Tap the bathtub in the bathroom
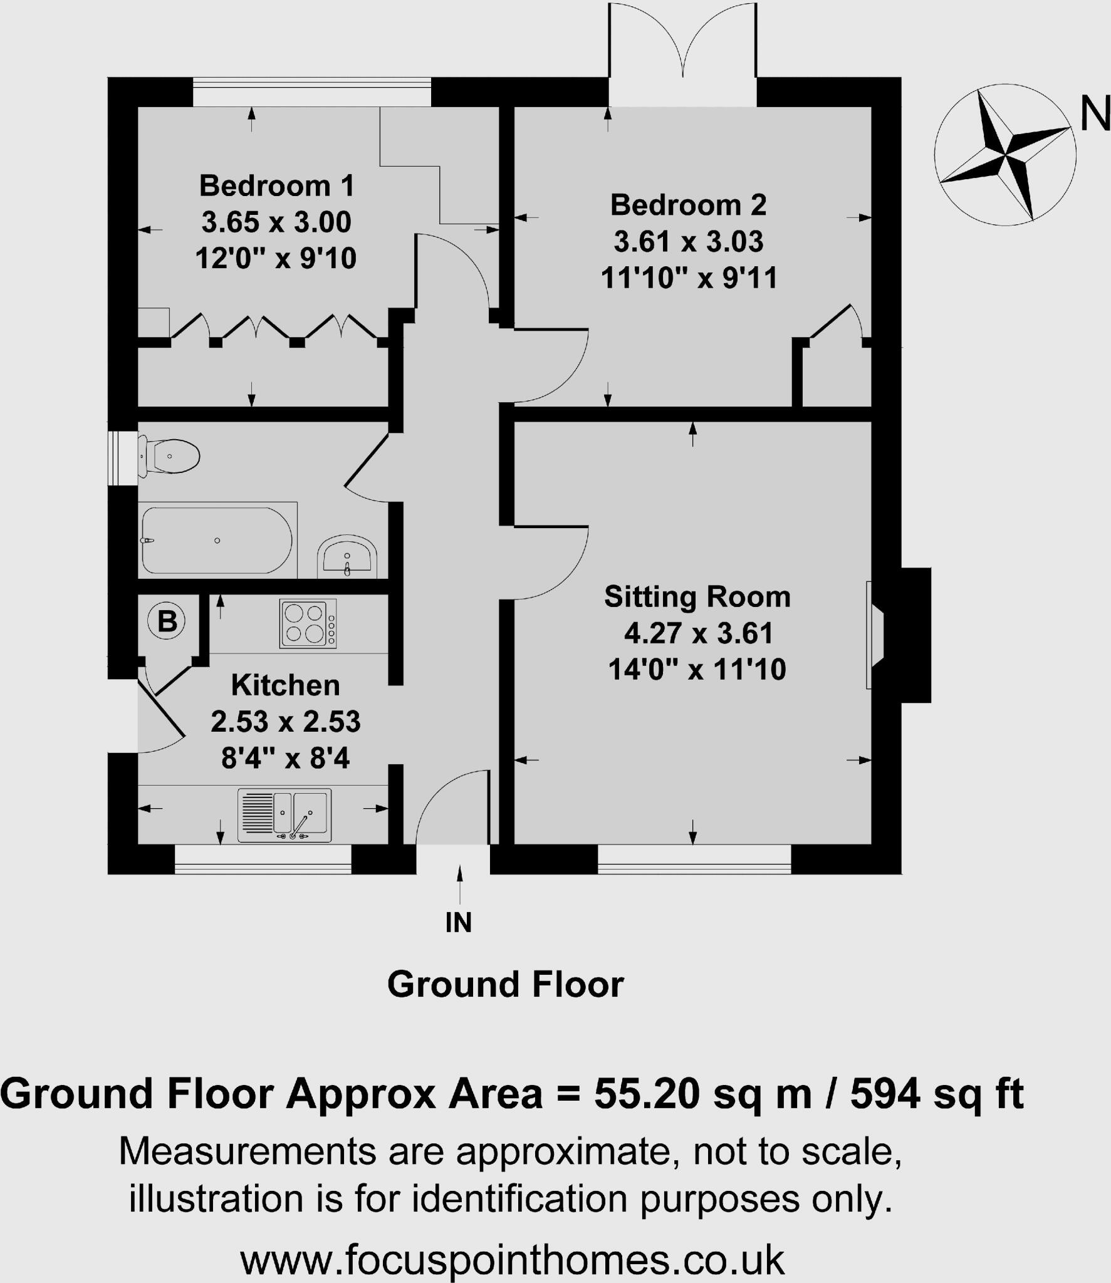pos(216,541)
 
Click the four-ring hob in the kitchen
pos(308,624)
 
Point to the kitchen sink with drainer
pos(284,814)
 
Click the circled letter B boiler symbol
pos(167,621)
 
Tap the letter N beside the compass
pos(1094,116)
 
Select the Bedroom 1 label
pos(276,186)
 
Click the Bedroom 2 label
pos(688,205)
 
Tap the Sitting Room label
pos(697,596)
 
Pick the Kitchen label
pos(285,685)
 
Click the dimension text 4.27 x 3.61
pos(698,633)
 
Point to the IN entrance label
pos(458,922)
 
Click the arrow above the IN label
pos(461,883)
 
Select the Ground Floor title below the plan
pos(505,984)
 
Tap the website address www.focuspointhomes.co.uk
pos(512,1259)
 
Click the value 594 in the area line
pos(885,1093)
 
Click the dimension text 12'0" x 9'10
pos(276,258)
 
